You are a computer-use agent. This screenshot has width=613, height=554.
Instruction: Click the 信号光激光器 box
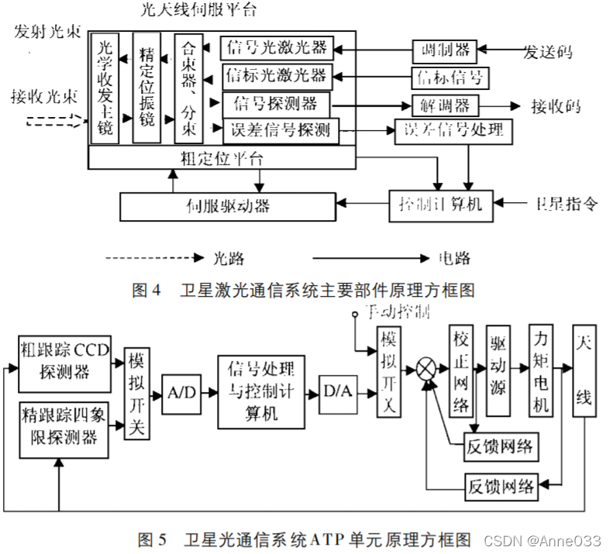tap(277, 48)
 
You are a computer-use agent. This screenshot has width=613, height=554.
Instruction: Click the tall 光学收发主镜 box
tap(105, 88)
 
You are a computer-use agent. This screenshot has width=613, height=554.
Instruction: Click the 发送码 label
tap(548, 52)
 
